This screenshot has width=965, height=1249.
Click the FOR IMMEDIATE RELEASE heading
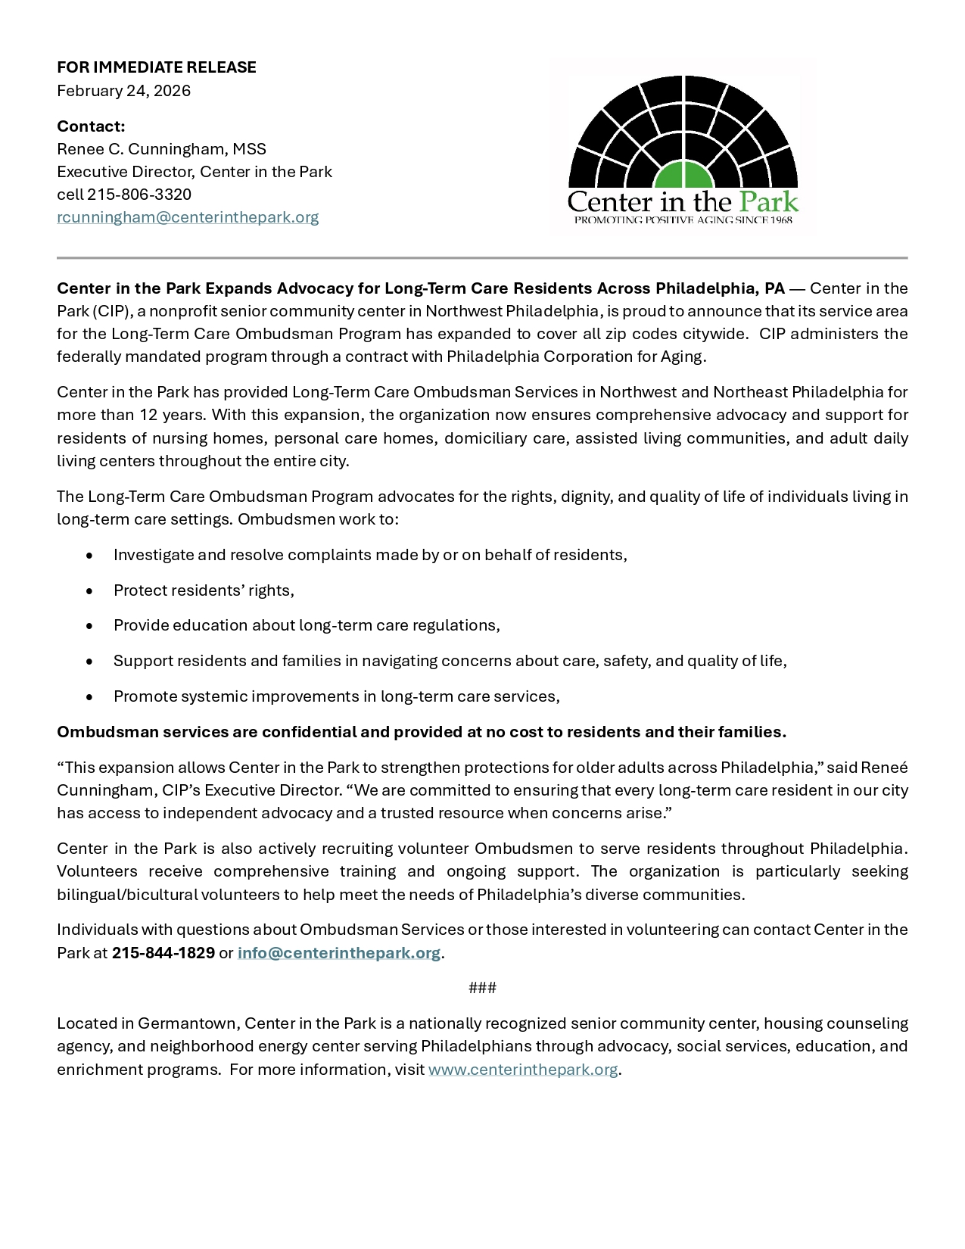[157, 67]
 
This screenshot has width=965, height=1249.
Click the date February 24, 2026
[123, 91]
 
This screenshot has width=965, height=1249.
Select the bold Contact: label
[91, 126]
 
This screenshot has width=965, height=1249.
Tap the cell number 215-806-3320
[139, 195]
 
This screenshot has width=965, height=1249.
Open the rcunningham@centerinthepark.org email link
[188, 217]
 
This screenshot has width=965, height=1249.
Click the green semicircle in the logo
[683, 176]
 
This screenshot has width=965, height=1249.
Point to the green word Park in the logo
[768, 202]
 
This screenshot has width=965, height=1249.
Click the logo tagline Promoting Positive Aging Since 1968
[683, 220]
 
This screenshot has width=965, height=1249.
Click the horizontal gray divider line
[482, 258]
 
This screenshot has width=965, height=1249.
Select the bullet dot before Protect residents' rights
[90, 590]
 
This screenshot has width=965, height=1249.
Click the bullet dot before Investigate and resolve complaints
[90, 555]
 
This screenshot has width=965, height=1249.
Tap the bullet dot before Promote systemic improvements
[90, 696]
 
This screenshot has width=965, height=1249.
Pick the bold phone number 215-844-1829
[163, 953]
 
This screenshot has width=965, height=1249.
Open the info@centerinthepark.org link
[339, 953]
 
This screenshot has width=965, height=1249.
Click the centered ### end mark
[482, 988]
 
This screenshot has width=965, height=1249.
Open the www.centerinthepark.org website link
[523, 1070]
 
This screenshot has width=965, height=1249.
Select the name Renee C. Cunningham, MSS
[161, 149]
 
